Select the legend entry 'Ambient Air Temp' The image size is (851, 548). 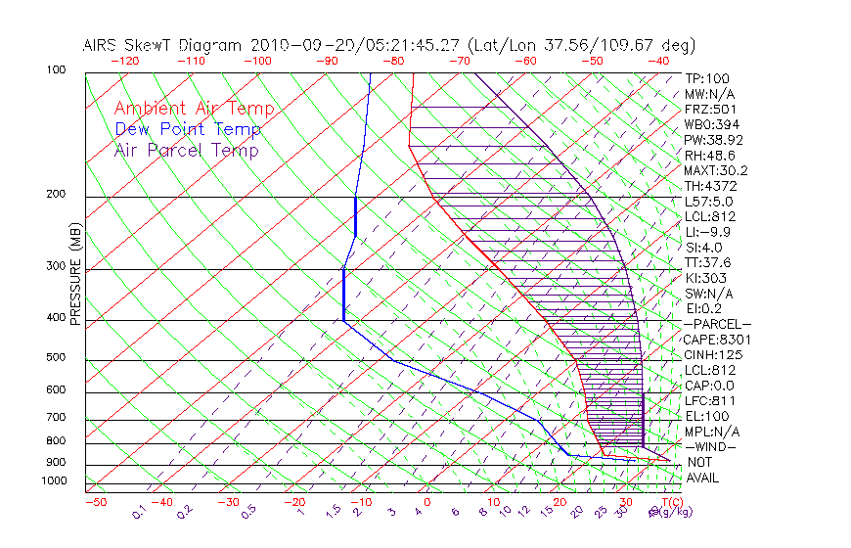pyautogui.click(x=194, y=109)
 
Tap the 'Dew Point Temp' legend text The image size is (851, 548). pyautogui.click(x=188, y=129)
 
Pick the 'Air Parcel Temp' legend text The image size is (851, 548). pyautogui.click(x=186, y=150)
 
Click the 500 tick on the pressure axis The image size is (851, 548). pyautogui.click(x=56, y=358)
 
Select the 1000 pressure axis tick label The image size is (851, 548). pyautogui.click(x=53, y=480)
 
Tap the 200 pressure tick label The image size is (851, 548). pyautogui.click(x=56, y=195)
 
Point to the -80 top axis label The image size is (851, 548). pyautogui.click(x=394, y=61)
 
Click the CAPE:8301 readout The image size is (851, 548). pyautogui.click(x=717, y=340)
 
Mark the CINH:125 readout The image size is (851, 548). pyautogui.click(x=713, y=354)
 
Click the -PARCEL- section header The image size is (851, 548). pyautogui.click(x=717, y=324)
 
